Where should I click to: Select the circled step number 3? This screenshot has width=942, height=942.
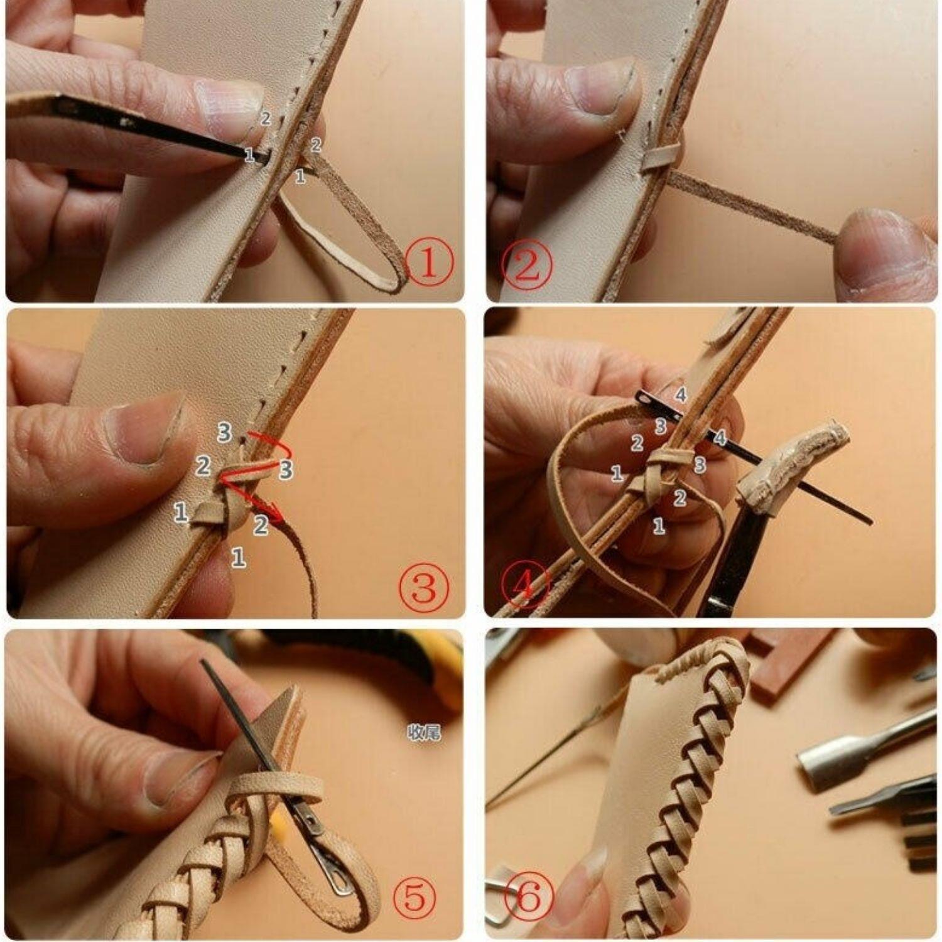tap(424, 588)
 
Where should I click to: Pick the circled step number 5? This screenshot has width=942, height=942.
tap(414, 897)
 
